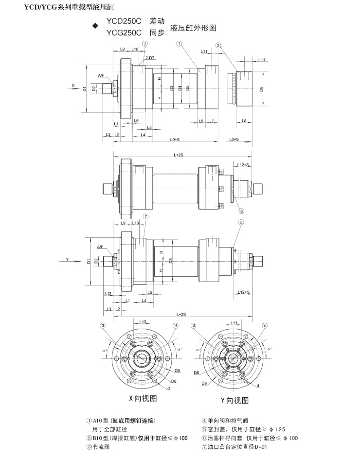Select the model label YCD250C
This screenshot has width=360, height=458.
point(124,22)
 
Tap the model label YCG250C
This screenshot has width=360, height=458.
point(124,33)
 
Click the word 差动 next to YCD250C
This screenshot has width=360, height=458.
point(157,22)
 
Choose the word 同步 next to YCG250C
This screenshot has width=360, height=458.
point(157,33)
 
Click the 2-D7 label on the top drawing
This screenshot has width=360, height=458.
point(149,58)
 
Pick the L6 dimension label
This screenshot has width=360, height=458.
point(136,120)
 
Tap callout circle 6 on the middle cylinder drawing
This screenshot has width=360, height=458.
point(241,211)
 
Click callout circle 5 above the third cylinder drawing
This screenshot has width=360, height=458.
point(241,222)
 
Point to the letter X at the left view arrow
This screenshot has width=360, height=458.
point(73,86)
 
